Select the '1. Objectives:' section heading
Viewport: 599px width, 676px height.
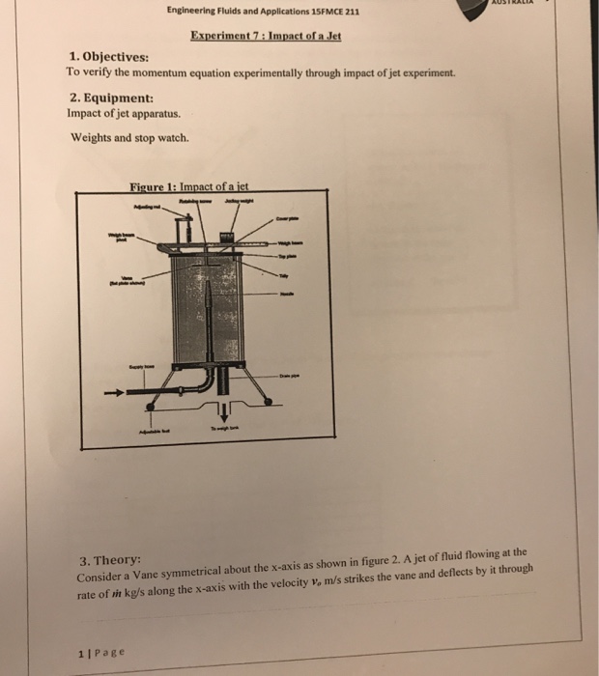109,57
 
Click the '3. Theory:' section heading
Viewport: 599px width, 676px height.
110,560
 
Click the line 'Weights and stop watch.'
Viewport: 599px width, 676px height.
130,136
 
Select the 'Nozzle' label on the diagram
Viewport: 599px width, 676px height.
286,296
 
